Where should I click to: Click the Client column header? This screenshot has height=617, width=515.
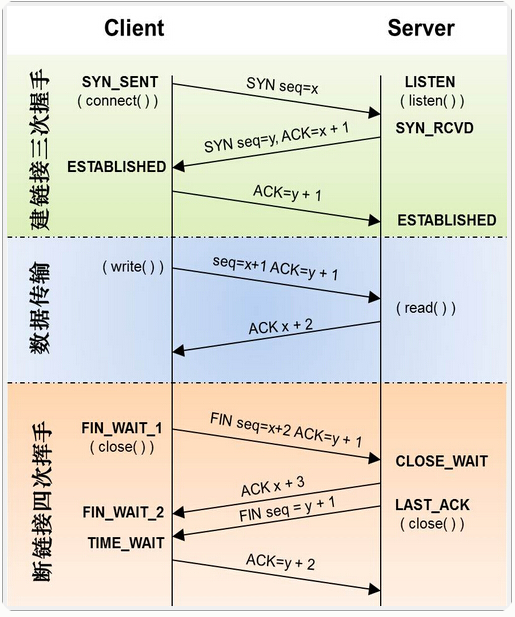(x=134, y=28)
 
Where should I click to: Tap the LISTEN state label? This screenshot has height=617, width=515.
(x=430, y=82)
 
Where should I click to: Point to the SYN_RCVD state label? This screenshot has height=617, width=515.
(x=434, y=129)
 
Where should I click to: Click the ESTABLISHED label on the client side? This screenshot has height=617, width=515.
(x=116, y=167)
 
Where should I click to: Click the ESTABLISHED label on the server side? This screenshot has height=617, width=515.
(x=446, y=220)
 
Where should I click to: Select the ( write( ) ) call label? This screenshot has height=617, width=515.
(x=133, y=268)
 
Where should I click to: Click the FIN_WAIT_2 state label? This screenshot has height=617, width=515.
(x=122, y=512)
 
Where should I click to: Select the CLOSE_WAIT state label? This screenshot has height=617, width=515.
(x=441, y=461)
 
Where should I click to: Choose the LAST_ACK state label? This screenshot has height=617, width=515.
(x=432, y=505)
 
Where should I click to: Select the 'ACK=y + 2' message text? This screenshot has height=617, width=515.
(x=281, y=563)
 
